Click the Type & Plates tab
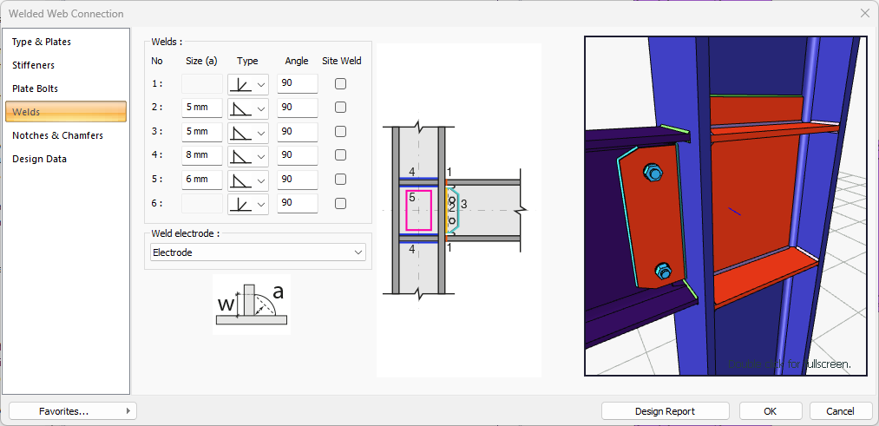click(42, 42)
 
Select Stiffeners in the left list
click(34, 65)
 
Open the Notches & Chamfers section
click(57, 135)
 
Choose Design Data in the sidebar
click(39, 159)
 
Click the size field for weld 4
click(201, 156)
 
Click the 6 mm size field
click(201, 180)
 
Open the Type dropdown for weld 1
click(248, 84)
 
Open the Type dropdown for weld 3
click(248, 132)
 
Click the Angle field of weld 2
click(297, 108)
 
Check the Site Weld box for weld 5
click(341, 180)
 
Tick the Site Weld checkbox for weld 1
click(341, 84)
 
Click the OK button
click(770, 410)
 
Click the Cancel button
click(840, 410)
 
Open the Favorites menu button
click(73, 410)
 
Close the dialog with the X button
click(864, 13)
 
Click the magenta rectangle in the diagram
click(418, 210)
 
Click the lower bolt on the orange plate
click(662, 272)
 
